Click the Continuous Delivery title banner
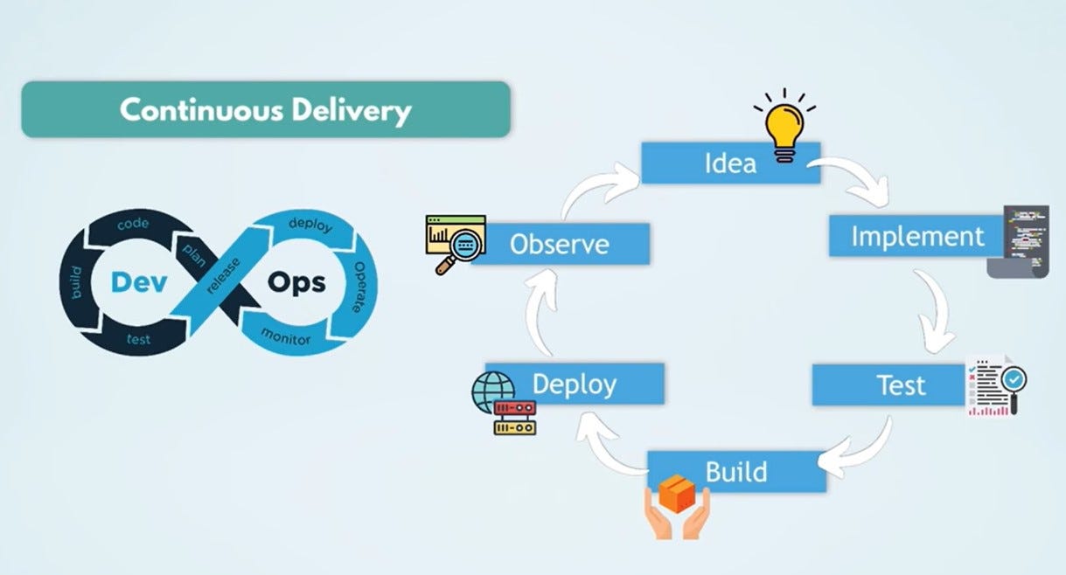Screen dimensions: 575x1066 tap(265, 110)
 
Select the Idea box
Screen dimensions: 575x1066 tap(730, 163)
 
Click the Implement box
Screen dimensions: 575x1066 tap(917, 236)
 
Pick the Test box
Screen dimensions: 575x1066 tap(901, 385)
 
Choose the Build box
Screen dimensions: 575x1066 tap(736, 472)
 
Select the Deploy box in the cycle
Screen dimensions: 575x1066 tap(575, 384)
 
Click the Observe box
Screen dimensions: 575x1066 tap(560, 244)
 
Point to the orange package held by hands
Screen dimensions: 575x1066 tap(677, 495)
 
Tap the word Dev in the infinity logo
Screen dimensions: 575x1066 tap(133, 282)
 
